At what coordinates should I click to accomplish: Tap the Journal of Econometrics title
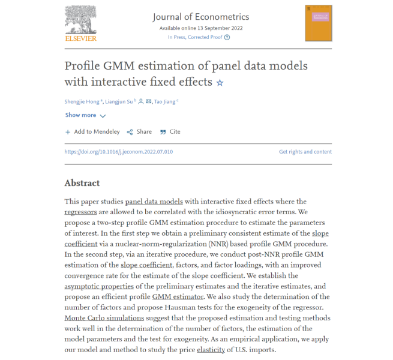click(200, 17)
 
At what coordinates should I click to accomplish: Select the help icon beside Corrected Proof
click(227, 37)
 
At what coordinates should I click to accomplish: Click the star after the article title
click(220, 83)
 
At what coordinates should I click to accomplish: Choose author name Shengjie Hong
click(85, 101)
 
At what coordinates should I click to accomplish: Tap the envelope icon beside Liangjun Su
click(148, 101)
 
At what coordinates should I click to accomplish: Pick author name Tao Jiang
click(166, 101)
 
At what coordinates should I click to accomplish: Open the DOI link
click(119, 152)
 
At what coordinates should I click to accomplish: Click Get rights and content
click(305, 152)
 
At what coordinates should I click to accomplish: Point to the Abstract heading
click(82, 183)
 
